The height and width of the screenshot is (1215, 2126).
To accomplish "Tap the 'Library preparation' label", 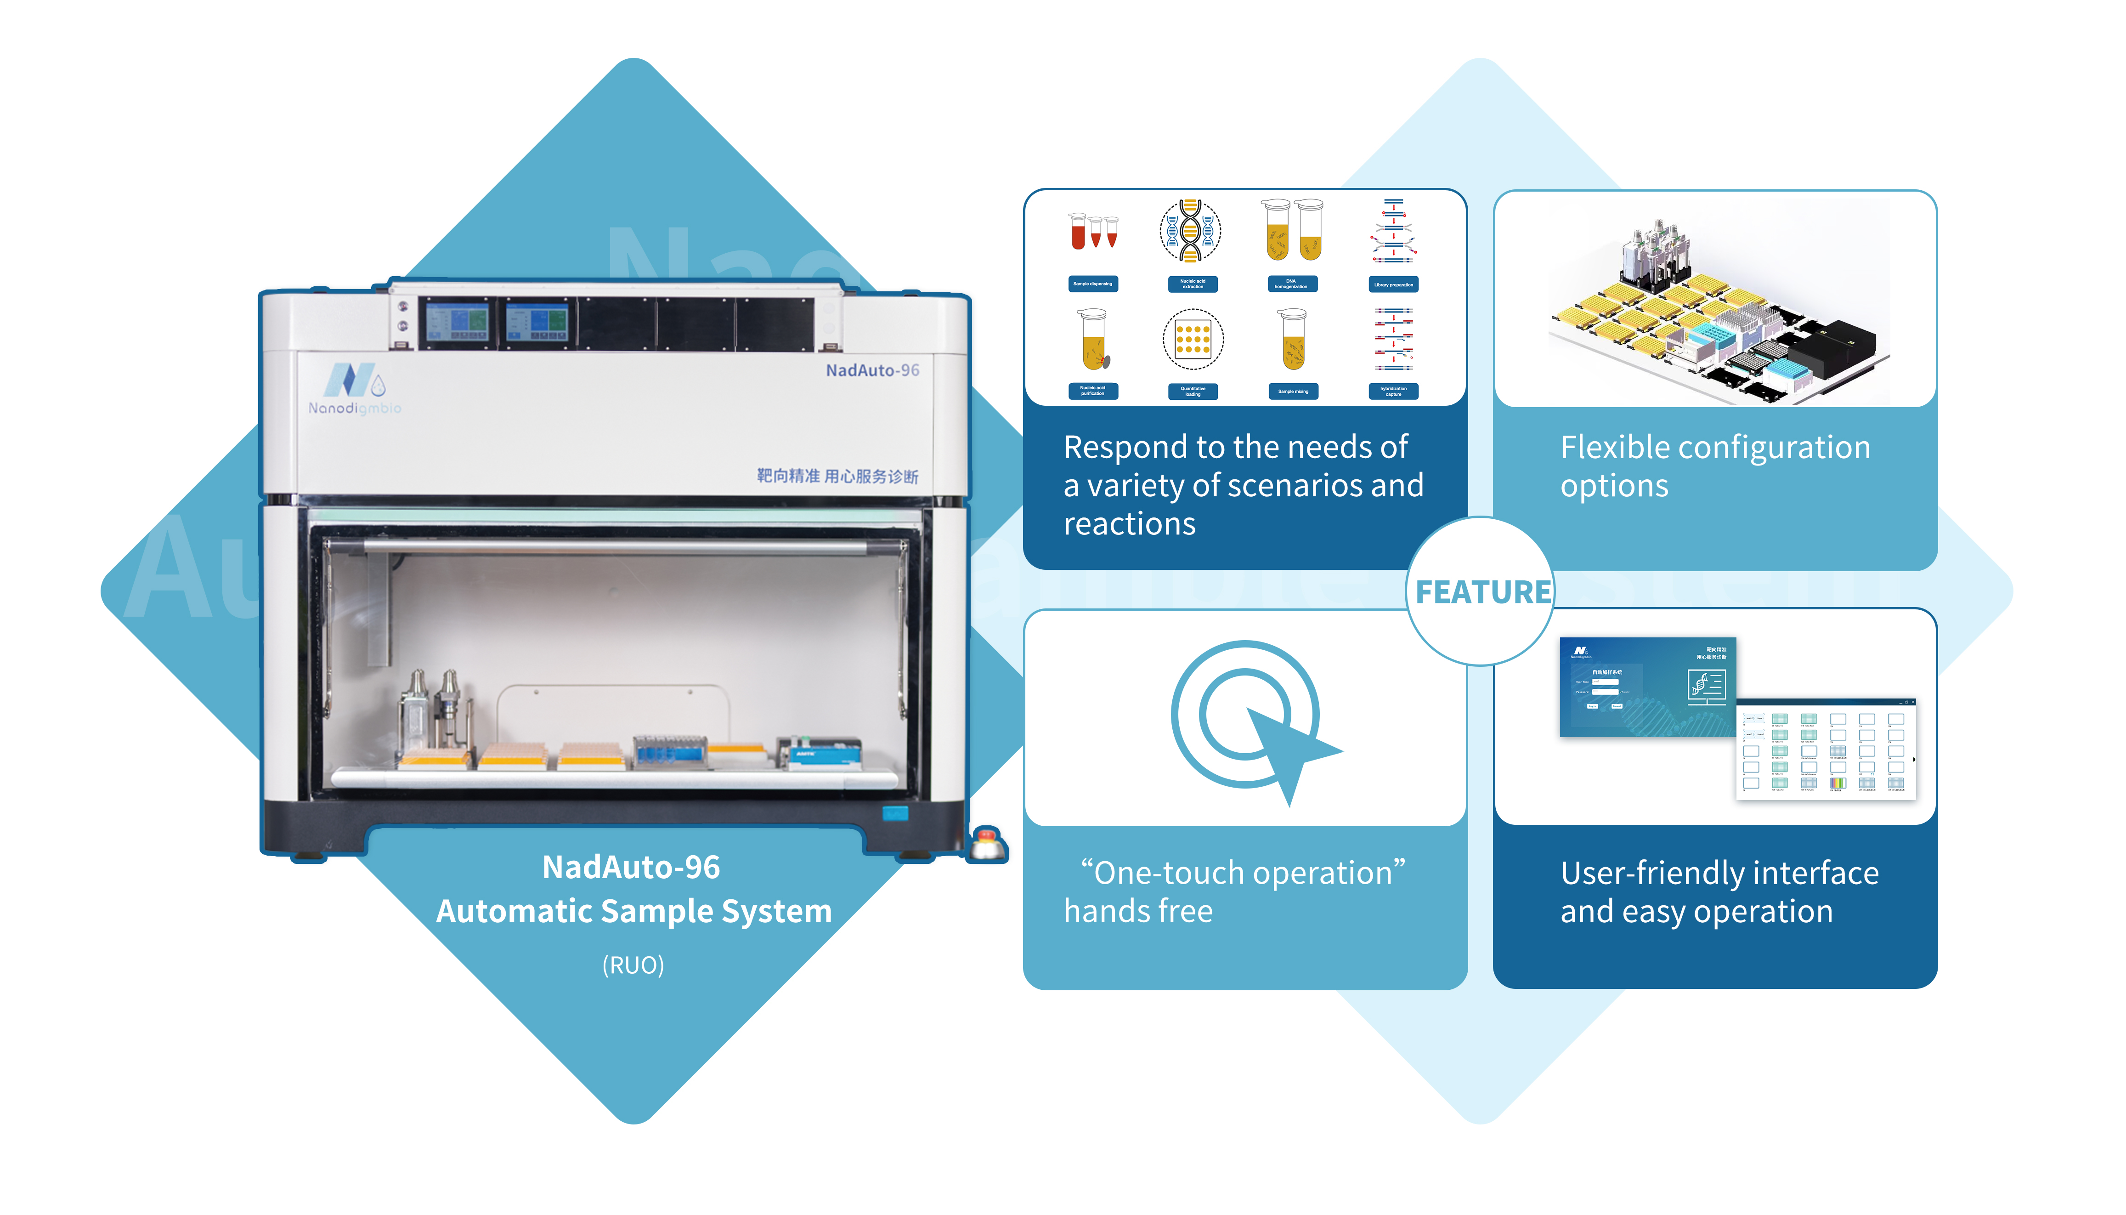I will [1393, 284].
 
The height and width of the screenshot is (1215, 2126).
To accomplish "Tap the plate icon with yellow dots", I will [1193, 340].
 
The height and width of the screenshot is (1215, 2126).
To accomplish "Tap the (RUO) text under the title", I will [633, 965].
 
